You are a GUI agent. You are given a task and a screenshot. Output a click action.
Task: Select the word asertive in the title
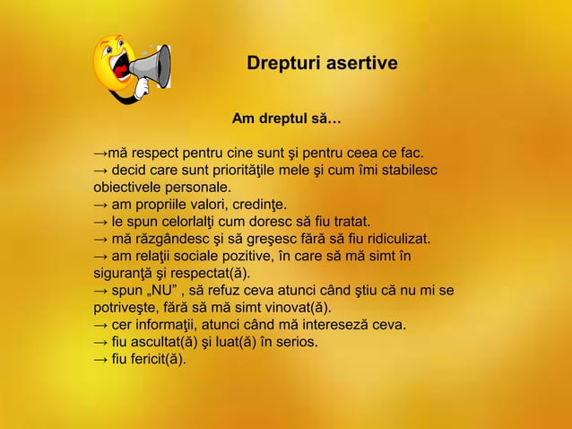358,65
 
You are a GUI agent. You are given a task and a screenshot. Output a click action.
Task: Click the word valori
213,205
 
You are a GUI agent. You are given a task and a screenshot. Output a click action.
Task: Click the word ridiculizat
396,240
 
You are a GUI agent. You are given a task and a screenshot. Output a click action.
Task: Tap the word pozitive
261,257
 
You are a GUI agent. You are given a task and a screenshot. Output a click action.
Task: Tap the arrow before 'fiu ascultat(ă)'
101,342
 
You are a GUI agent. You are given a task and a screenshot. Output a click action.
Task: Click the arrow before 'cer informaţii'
101,325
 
